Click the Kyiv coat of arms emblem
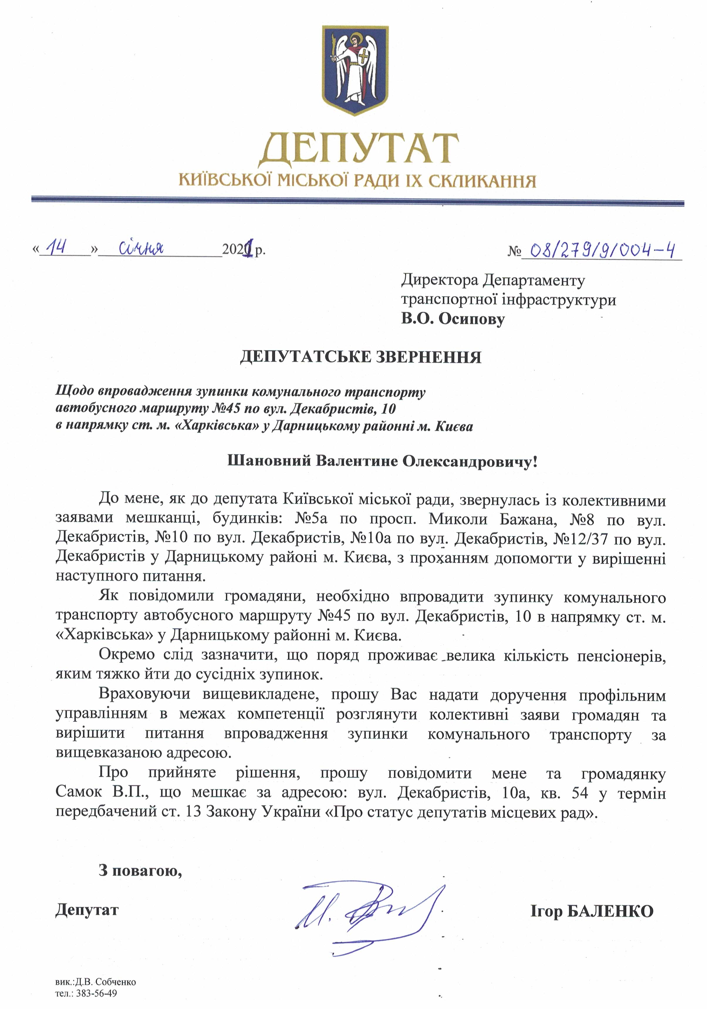coord(355,70)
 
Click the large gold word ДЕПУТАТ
coord(358,148)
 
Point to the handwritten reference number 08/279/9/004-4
coord(602,250)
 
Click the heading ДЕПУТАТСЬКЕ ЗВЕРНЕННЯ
coord(360,357)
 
